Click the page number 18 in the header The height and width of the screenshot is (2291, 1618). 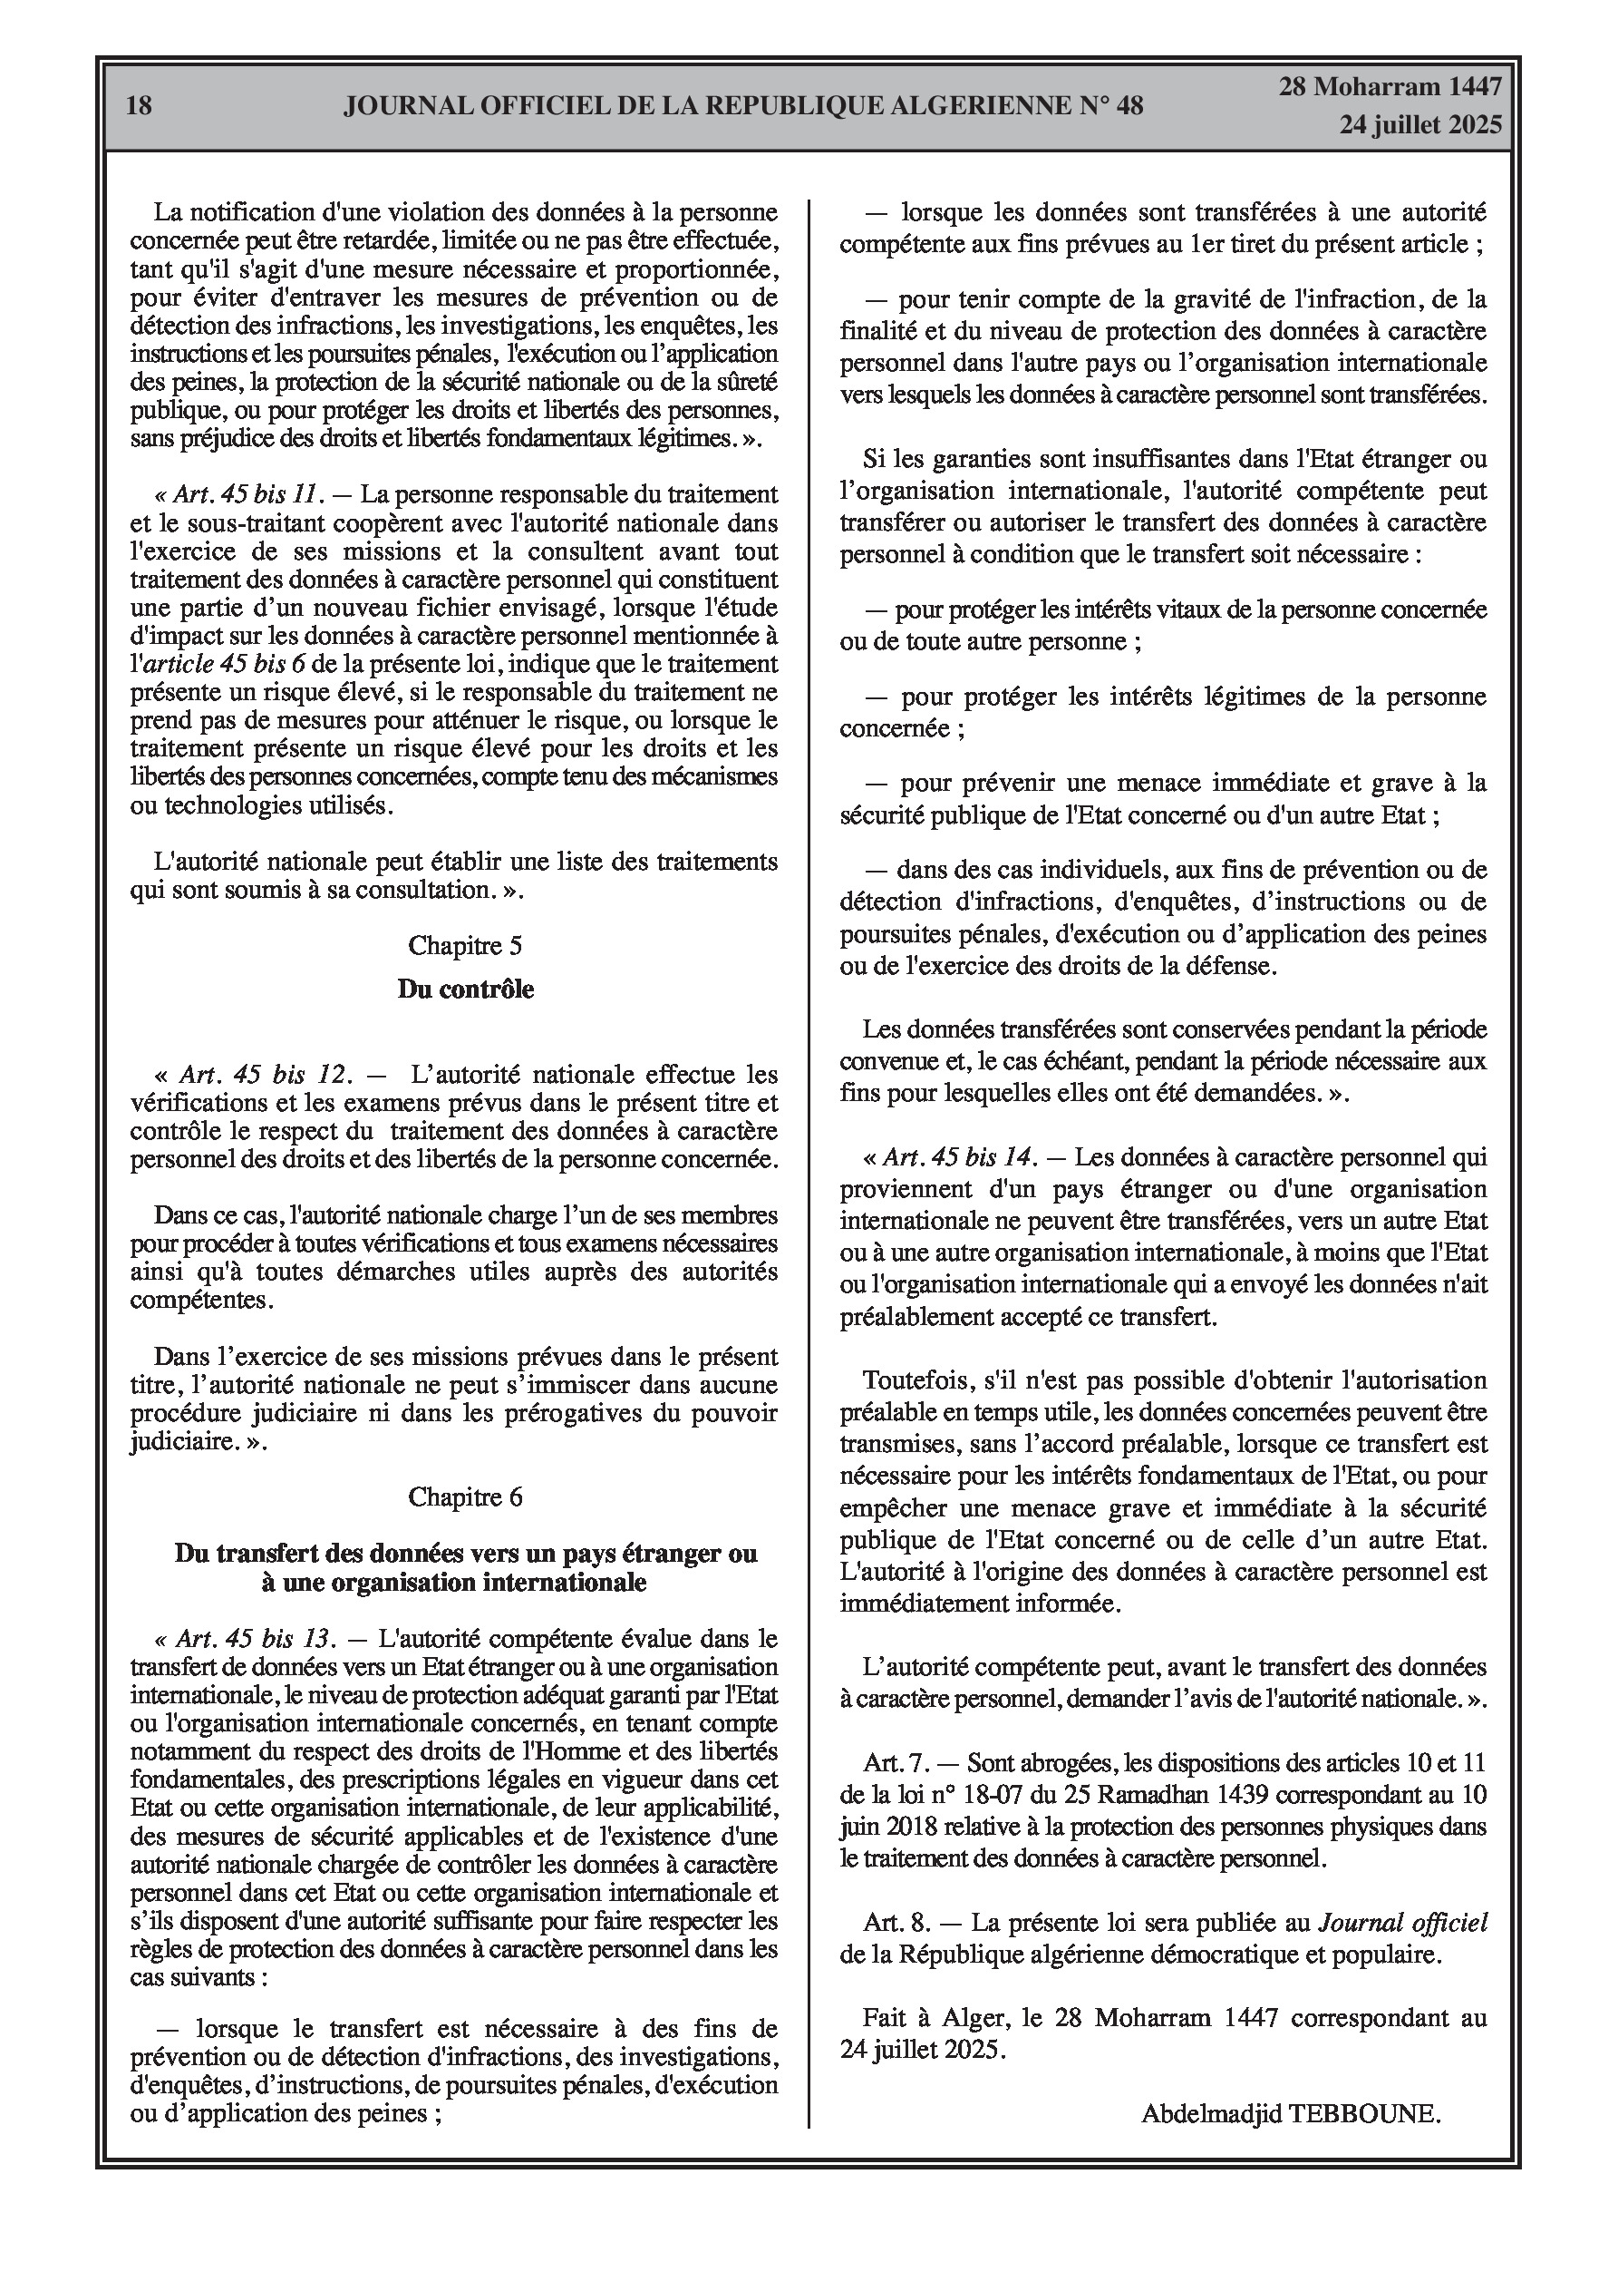(x=140, y=105)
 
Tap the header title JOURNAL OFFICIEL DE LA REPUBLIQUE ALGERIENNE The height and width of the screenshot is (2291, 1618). (x=743, y=106)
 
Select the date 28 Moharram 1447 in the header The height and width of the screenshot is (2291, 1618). (x=1390, y=87)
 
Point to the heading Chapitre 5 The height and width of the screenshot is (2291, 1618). (x=464, y=945)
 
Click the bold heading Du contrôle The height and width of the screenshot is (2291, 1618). (x=466, y=989)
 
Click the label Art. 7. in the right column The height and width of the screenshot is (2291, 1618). (x=896, y=1763)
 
